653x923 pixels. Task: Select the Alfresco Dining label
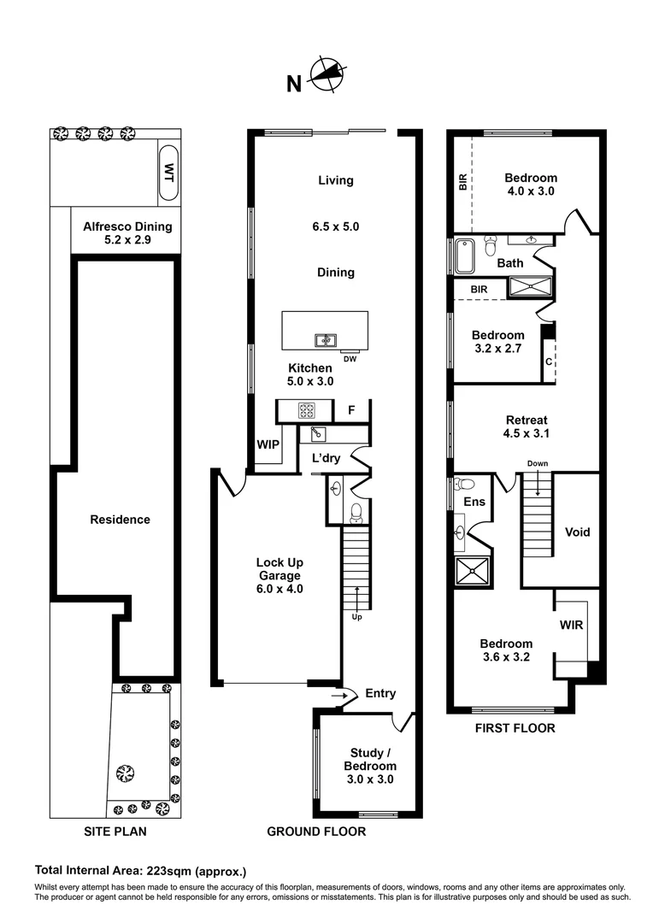point(127,226)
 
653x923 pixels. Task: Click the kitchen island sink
point(324,340)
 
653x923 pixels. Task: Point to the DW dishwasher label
point(350,358)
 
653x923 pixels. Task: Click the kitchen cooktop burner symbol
point(306,411)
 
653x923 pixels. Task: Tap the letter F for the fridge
point(350,411)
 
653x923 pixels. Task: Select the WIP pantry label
point(268,444)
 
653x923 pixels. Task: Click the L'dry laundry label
point(326,458)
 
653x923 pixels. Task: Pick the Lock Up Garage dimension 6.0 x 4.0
point(279,589)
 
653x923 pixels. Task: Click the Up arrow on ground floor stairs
point(356,615)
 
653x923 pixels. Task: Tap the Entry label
point(379,693)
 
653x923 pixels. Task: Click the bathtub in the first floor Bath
point(464,255)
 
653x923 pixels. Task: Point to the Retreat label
point(526,420)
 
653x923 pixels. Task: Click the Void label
point(578,532)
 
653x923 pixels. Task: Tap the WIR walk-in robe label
point(571,625)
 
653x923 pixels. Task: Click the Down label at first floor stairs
point(538,464)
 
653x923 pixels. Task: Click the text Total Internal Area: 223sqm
point(140,872)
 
